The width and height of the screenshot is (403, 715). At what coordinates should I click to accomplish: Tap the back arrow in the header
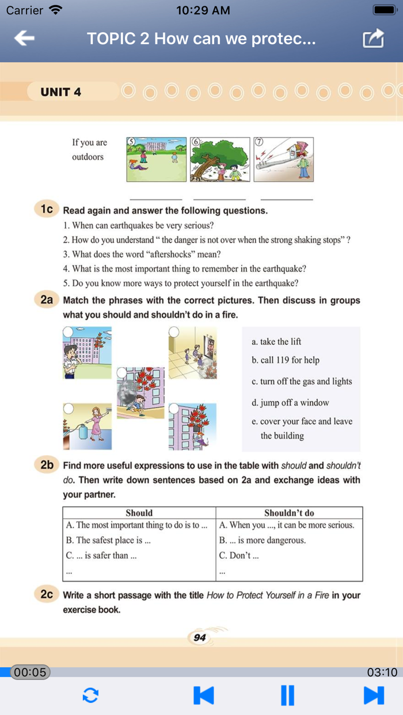coord(24,39)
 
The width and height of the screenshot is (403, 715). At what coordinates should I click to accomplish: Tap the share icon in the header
coord(373,39)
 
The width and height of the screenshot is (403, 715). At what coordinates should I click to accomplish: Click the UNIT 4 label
coord(60,92)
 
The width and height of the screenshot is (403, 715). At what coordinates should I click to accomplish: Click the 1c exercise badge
coord(46,210)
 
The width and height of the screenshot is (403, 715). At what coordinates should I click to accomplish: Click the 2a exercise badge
coord(46,300)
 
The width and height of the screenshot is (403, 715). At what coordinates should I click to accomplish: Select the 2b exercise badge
coord(46,465)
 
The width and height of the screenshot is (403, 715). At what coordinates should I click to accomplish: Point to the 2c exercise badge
coord(46,594)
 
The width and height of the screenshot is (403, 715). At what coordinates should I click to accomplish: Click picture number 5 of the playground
coord(156,159)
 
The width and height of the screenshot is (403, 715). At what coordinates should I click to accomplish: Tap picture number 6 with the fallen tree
coord(220,159)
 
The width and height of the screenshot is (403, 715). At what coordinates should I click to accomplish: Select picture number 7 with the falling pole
coord(284,159)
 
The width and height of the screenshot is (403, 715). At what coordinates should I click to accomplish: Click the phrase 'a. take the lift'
coord(276,341)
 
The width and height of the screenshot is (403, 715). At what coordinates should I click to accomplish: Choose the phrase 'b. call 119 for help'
coord(286,360)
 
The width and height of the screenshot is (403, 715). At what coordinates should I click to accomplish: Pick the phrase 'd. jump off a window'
coord(290,403)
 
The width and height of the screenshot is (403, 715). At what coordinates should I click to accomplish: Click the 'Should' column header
coord(139,513)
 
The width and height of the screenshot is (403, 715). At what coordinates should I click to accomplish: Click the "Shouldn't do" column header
coord(289,513)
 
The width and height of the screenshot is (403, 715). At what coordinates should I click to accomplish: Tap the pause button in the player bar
coord(287,695)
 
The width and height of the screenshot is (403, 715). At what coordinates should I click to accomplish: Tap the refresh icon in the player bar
coord(90,695)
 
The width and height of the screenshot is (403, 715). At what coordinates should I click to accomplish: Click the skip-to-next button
coord(374,695)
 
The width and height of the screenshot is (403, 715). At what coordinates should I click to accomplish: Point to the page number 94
coord(200,637)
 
